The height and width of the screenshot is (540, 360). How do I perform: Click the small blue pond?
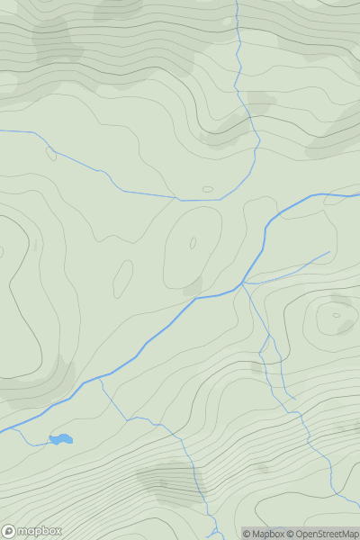point(61,439)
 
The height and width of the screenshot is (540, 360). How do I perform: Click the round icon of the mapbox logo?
point(10,531)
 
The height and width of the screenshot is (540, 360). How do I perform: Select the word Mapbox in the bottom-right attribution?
point(271,534)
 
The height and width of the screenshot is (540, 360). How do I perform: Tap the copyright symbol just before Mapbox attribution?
point(247,534)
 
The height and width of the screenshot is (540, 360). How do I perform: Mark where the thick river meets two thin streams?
point(242,284)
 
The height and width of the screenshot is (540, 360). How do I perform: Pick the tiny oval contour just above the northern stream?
point(208,189)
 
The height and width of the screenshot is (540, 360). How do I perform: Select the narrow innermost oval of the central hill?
point(192,243)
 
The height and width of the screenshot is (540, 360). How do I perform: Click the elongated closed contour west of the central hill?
point(122,279)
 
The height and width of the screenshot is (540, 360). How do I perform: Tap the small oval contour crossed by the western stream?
point(51,153)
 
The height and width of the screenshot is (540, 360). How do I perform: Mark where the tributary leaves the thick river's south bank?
point(99,378)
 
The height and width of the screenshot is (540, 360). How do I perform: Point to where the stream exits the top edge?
point(236,2)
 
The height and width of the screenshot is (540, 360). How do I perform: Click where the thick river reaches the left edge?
point(2,431)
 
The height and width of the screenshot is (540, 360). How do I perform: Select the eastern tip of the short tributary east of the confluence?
point(329,252)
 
